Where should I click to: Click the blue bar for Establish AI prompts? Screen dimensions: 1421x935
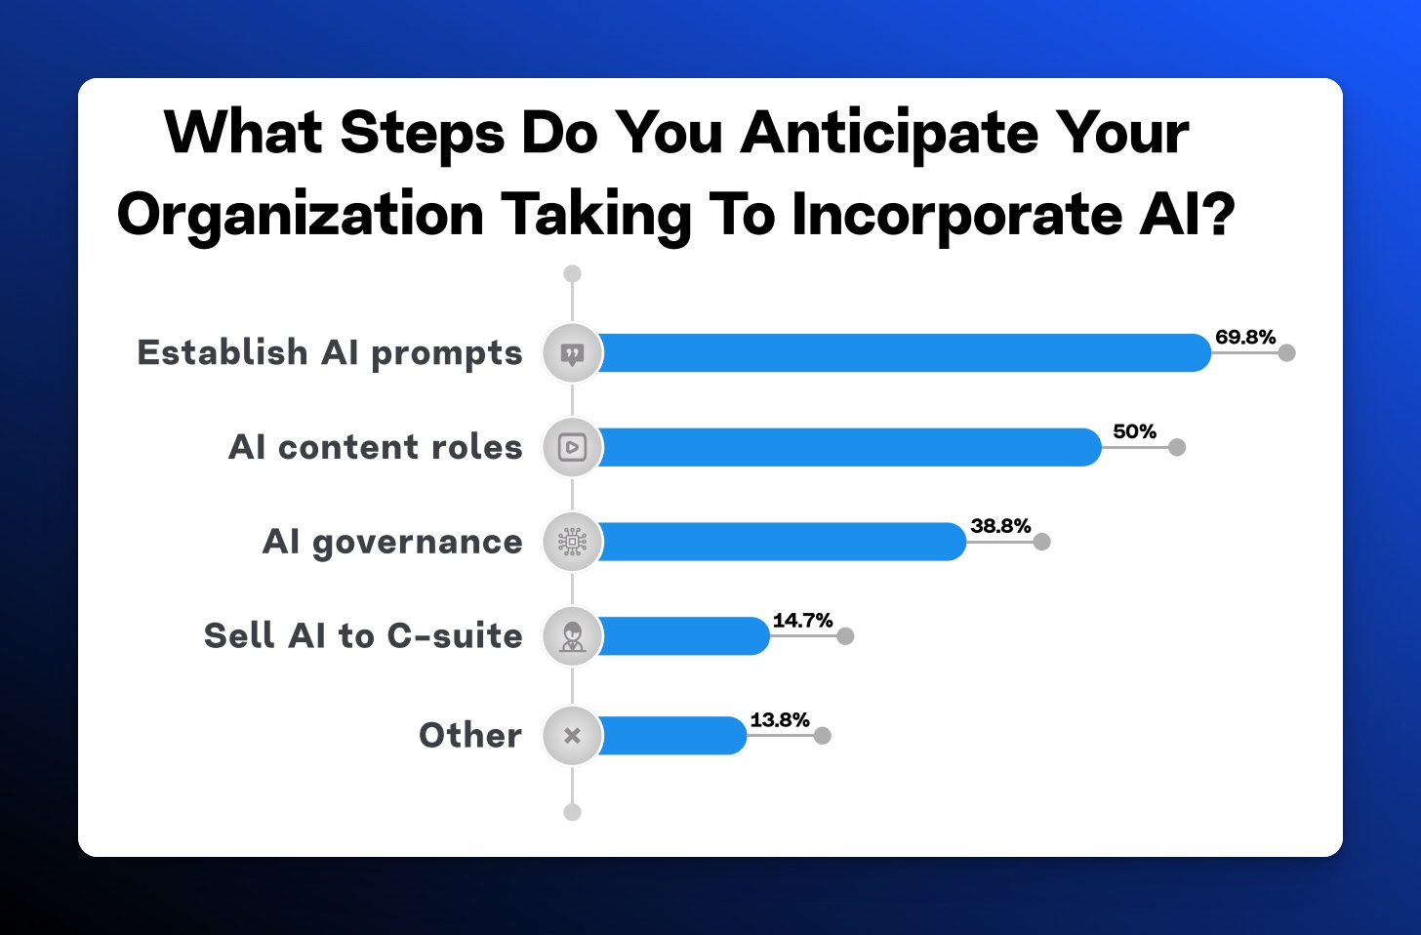[904, 352]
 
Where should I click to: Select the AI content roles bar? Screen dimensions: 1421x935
[849, 447]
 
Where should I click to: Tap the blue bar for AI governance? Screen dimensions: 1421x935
[782, 542]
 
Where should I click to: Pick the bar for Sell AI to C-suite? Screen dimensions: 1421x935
[683, 635]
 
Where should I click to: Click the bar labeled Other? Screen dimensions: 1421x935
[671, 736]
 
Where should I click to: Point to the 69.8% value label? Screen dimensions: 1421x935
[1245, 337]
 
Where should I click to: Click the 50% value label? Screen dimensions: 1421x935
[1134, 431]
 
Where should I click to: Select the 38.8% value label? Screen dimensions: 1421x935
[1000, 526]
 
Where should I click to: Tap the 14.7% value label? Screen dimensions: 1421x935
[802, 620]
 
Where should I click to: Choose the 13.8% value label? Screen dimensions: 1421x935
[780, 720]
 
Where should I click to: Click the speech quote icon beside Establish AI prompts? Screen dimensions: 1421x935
[572, 354]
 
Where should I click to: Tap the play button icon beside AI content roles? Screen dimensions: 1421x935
[572, 447]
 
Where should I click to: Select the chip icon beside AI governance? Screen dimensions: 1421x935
[572, 542]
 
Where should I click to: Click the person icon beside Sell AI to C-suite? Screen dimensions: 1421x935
[572, 637]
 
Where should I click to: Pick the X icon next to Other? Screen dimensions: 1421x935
[572, 736]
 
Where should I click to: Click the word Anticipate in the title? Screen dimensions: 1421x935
[889, 135]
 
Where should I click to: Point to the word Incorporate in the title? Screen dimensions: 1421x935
[958, 216]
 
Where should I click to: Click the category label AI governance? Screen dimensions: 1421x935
[392, 543]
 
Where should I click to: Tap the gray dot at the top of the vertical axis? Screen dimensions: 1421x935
[572, 274]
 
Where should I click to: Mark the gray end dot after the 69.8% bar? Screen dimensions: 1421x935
[1286, 352]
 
